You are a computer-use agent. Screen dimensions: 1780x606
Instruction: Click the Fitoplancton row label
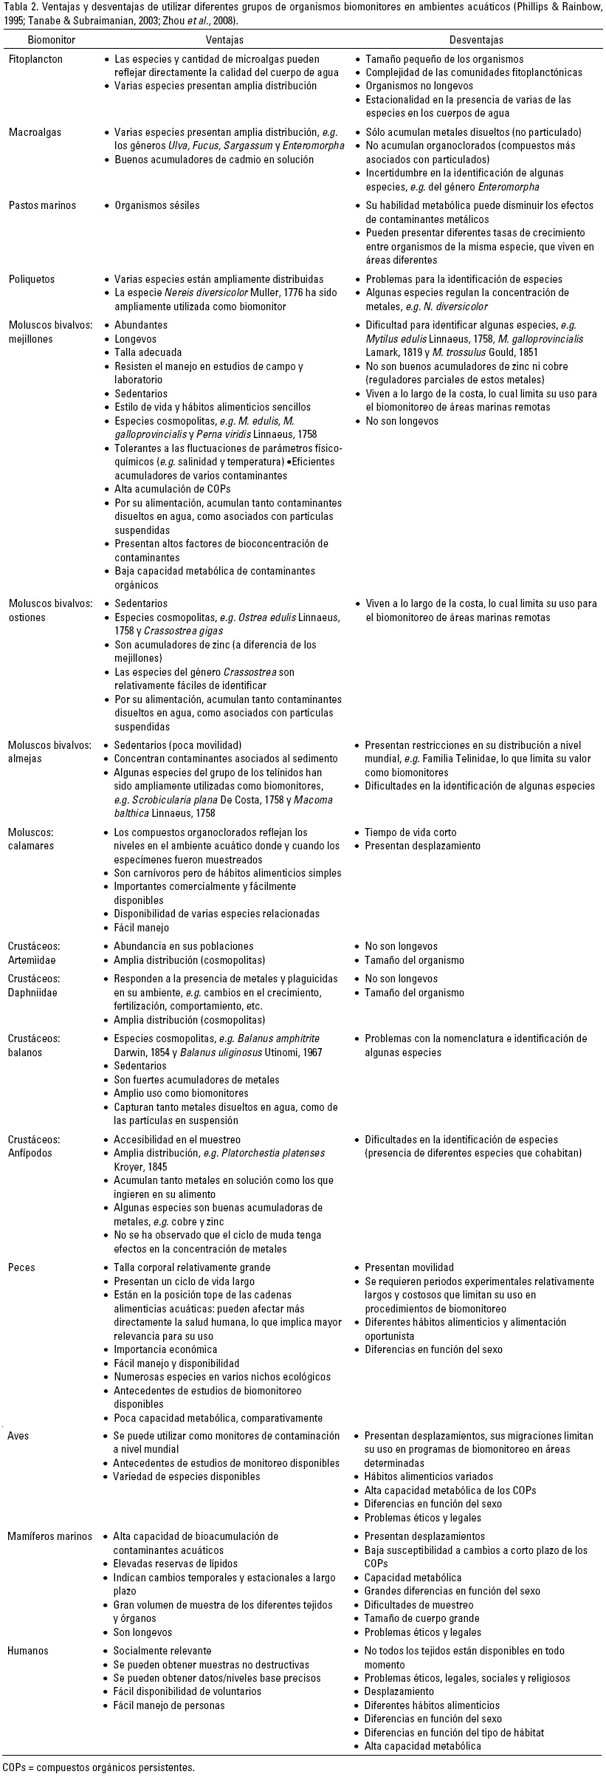35,59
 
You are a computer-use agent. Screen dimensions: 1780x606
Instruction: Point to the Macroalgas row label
35,132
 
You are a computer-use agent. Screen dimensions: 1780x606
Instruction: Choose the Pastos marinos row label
42,205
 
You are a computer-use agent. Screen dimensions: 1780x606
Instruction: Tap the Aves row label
20,1436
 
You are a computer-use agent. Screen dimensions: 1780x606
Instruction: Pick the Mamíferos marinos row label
50,1536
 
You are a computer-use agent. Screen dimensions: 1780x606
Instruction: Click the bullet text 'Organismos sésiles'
156,205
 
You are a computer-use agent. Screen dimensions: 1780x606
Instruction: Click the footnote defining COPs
99,1767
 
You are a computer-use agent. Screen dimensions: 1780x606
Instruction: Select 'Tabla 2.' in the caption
18,7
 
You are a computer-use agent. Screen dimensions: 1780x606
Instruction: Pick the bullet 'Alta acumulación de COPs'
170,488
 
